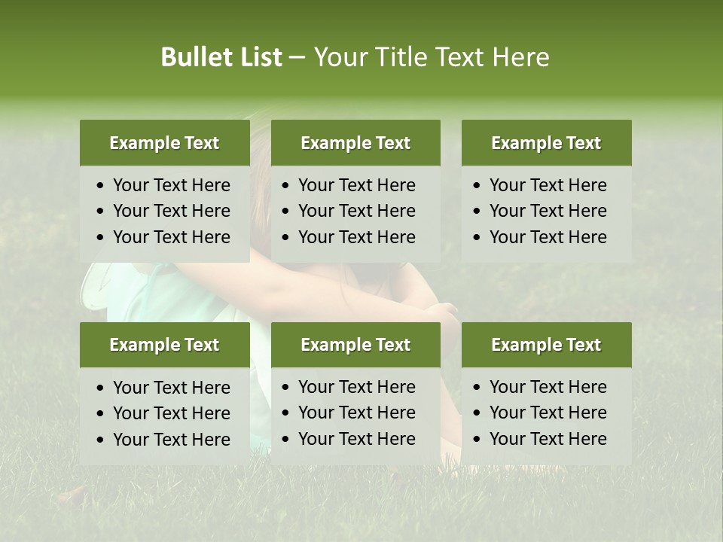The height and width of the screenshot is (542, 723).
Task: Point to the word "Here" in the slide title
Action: [520, 57]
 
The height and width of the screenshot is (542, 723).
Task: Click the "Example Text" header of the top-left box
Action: [164, 143]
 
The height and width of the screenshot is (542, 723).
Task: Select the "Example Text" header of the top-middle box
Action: [355, 143]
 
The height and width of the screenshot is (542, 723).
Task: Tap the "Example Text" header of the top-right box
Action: [546, 143]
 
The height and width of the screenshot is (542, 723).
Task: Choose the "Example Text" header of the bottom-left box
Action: [164, 345]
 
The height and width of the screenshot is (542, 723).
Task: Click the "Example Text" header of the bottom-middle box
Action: [355, 345]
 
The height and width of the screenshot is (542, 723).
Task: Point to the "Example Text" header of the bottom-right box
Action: [546, 345]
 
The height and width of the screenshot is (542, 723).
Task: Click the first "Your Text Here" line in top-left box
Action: [172, 185]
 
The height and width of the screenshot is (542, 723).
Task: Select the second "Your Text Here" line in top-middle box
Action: [357, 211]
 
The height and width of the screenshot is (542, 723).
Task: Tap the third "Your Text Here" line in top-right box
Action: [548, 237]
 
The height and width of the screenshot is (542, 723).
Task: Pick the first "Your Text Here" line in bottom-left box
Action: [172, 388]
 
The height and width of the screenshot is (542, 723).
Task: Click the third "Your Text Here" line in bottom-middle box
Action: [357, 439]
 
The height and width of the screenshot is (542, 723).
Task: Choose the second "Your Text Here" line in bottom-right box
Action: [548, 413]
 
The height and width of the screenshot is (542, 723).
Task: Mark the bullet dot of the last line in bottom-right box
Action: [476, 439]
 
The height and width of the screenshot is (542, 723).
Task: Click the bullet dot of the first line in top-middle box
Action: [285, 185]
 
